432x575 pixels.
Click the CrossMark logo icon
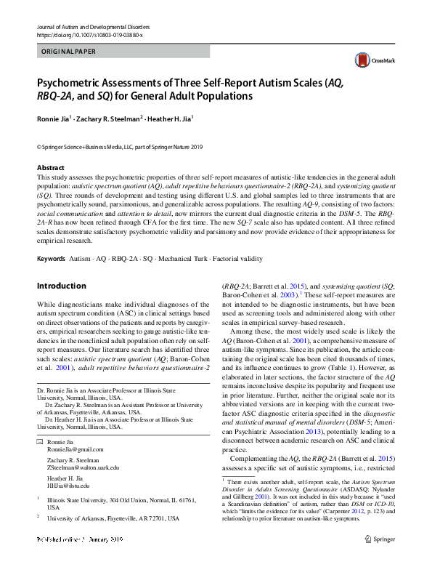pos(362,59)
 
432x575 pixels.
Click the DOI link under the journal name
pos(89,35)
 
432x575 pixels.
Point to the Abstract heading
pos(51,168)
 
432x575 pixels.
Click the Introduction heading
pos(62,286)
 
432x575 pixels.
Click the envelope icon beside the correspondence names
pos(40,441)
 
